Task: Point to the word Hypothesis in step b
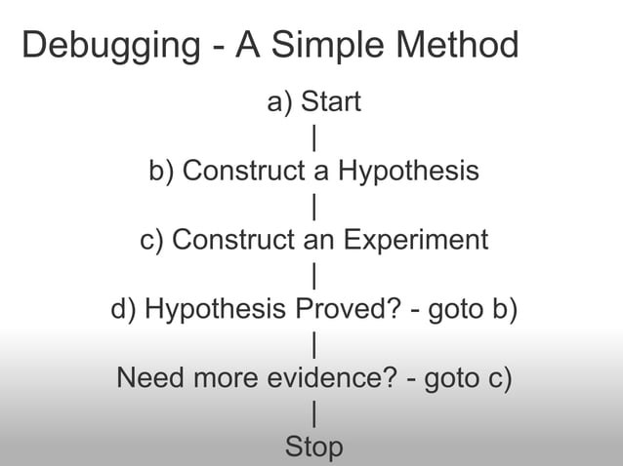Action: [x=408, y=172]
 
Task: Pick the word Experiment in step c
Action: [x=427, y=240]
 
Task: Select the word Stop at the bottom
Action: [x=313, y=447]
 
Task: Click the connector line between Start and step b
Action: [x=313, y=136]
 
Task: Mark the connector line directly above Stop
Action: [x=313, y=413]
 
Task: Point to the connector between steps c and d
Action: [x=313, y=275]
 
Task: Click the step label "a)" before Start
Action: [x=279, y=101]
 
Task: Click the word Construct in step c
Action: [x=230, y=240]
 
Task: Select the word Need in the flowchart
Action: [x=148, y=377]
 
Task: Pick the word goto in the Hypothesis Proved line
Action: [x=459, y=309]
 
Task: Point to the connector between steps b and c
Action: [x=313, y=206]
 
